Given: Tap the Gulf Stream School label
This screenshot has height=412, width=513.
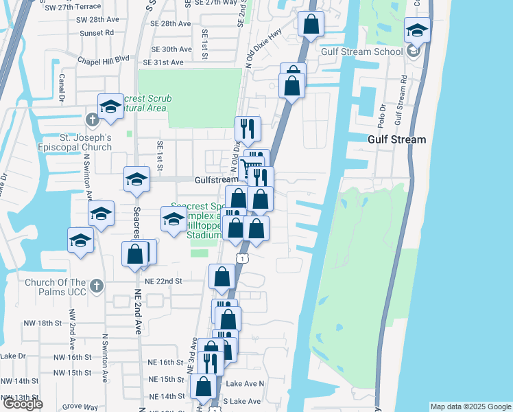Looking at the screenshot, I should (361, 51).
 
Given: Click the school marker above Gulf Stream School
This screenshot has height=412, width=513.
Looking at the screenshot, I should (417, 31).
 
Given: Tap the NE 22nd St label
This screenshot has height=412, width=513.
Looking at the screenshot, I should (163, 282).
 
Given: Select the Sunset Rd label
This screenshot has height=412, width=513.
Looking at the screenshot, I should (96, 32).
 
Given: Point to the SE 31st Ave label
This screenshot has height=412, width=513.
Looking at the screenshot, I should (163, 62).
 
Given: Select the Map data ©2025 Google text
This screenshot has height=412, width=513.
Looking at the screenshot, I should (470, 407).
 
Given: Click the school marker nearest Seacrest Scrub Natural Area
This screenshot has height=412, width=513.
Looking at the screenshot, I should (110, 107).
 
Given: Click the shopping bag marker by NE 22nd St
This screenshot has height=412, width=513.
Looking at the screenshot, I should (222, 277).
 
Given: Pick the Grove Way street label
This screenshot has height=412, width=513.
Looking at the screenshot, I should (79, 407).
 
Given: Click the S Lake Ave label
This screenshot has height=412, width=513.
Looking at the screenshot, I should (243, 401).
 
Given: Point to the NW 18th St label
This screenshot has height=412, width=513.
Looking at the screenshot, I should (25, 323).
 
